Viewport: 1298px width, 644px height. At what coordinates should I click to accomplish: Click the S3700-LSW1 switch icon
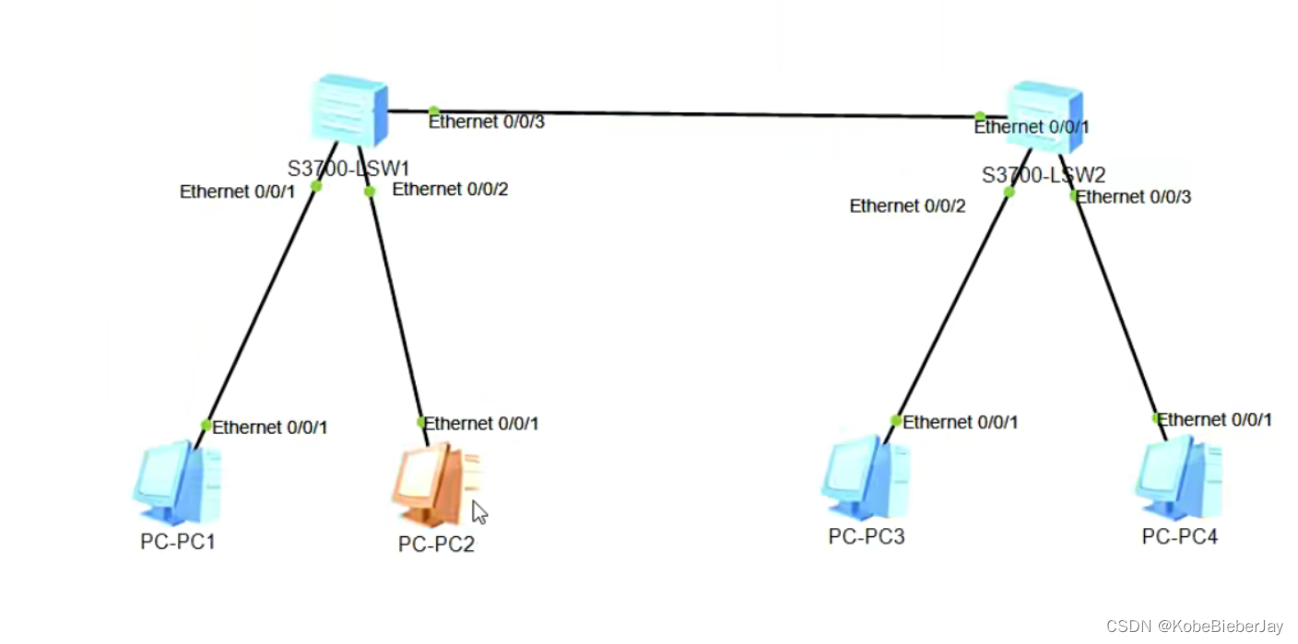(x=348, y=111)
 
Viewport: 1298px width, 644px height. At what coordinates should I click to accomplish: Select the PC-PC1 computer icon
(x=178, y=483)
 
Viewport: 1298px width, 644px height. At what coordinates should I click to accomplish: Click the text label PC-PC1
(x=178, y=542)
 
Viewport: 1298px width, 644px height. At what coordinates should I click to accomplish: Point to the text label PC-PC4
(x=1179, y=536)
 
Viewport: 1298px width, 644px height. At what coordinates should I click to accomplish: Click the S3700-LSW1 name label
(x=348, y=169)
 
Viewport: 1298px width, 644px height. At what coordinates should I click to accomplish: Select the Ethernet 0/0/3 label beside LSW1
(x=487, y=122)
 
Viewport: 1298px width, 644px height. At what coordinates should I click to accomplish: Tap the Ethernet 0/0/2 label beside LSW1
(x=450, y=190)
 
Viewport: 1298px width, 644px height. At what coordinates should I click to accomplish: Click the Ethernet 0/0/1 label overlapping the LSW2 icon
(x=1032, y=127)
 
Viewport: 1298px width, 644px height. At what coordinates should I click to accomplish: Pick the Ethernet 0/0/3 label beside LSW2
(x=1134, y=196)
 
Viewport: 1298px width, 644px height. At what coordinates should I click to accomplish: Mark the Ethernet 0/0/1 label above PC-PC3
(x=961, y=422)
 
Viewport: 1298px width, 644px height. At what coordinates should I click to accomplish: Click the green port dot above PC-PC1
(x=206, y=425)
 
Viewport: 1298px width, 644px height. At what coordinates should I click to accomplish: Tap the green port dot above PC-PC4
(x=1157, y=417)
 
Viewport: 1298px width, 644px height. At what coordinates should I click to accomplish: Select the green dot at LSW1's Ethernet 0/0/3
(x=433, y=111)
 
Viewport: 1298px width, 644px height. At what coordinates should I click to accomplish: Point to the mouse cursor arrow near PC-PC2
(x=478, y=511)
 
